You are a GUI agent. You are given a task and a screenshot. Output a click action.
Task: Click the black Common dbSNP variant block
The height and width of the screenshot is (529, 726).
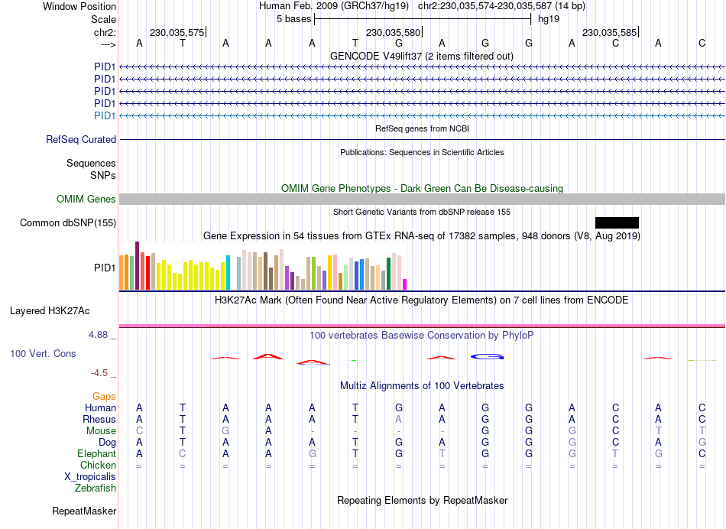617,222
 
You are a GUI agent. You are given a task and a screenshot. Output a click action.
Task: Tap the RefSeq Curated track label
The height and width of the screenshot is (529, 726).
81,140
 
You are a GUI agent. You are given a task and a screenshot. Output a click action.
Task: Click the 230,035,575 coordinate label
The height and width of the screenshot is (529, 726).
177,33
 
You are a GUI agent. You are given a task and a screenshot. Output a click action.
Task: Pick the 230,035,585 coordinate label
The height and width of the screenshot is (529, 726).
609,33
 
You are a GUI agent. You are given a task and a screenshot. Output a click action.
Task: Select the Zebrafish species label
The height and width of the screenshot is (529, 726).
96,488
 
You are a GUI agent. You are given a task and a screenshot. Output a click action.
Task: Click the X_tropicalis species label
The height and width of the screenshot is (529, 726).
90,476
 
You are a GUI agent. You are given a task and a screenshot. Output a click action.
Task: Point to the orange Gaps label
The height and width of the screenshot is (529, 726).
104,396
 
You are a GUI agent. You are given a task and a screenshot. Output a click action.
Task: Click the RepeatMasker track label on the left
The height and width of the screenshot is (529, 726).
84,511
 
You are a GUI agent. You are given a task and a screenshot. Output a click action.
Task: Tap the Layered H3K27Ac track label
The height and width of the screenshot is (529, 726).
50,311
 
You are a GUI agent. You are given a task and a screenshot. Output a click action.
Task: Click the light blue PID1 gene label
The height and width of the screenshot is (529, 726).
105,115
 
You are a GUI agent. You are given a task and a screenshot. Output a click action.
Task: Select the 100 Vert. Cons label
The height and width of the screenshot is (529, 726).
43,354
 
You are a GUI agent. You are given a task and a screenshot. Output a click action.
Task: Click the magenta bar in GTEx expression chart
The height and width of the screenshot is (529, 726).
405,284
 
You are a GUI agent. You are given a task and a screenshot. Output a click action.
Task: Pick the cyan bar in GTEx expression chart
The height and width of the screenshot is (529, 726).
228,273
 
